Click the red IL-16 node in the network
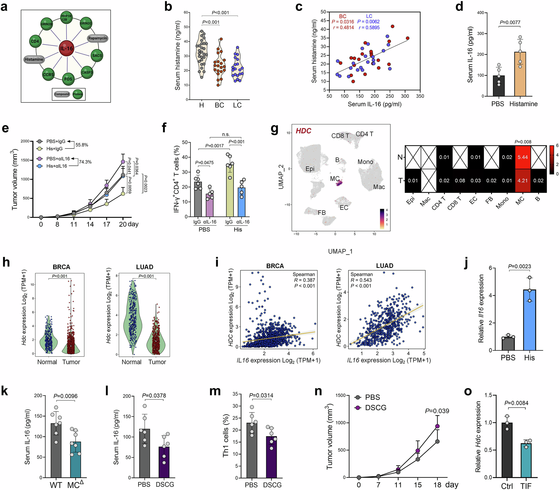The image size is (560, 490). pyautogui.click(x=66, y=48)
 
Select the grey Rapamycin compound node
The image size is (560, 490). pyautogui.click(x=97, y=38)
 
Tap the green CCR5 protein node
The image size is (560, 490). pyautogui.click(x=48, y=75)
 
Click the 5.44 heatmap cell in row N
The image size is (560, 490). pyautogui.click(x=522, y=157)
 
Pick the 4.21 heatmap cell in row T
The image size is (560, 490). pyautogui.click(x=522, y=180)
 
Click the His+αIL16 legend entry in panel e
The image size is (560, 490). pyautogui.click(x=53, y=166)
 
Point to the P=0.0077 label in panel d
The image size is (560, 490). pyautogui.click(x=510, y=22)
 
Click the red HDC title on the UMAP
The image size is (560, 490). pyautogui.click(x=304, y=131)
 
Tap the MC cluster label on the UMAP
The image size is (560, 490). pyautogui.click(x=335, y=179)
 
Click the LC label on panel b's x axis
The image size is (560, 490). pyautogui.click(x=237, y=105)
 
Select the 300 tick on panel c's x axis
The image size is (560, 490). pyautogui.click(x=405, y=96)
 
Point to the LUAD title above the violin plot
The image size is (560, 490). pyautogui.click(x=144, y=267)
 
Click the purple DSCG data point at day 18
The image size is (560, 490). pyautogui.click(x=437, y=426)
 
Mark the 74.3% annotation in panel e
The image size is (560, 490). pyautogui.click(x=85, y=162)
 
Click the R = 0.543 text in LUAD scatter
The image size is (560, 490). pyautogui.click(x=361, y=280)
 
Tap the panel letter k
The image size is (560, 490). pyautogui.click(x=4, y=391)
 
